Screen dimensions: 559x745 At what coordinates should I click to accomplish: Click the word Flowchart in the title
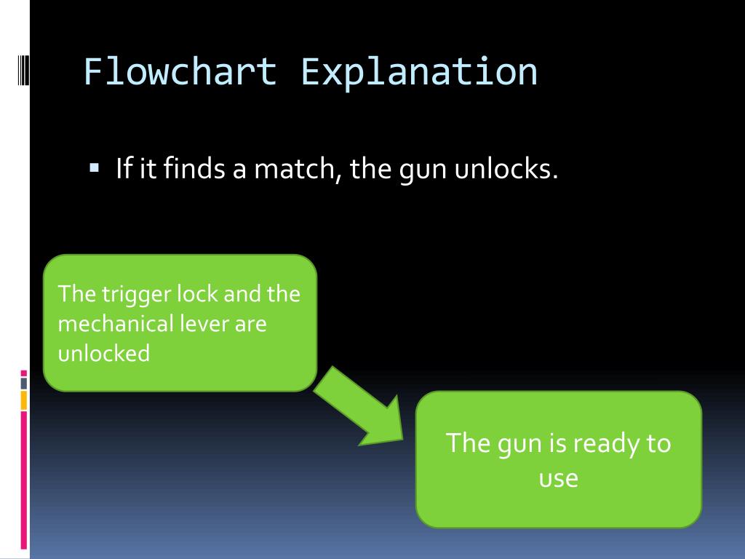tap(180, 72)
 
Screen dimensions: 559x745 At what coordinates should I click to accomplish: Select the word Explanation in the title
tap(419, 72)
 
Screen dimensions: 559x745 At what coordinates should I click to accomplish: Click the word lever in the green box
tap(205, 323)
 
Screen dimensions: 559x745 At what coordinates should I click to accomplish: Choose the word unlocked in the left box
tap(103, 353)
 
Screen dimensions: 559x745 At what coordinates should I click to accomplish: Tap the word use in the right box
tap(558, 478)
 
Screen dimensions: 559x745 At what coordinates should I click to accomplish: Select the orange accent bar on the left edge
tap(23, 400)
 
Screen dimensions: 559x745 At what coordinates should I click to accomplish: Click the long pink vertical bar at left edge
tap(23, 480)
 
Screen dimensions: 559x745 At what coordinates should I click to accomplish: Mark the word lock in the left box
tap(198, 294)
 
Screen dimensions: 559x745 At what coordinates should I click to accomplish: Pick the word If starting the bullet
tap(122, 170)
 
